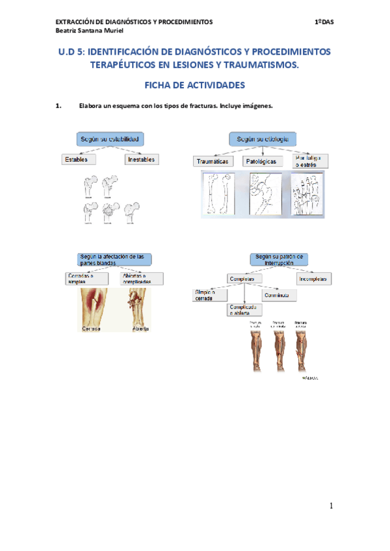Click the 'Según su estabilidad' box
(x=110, y=139)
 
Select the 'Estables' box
(x=77, y=159)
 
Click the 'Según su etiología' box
(x=262, y=139)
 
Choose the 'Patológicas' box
(x=261, y=161)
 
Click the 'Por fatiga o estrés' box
(x=310, y=161)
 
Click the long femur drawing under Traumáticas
(x=215, y=194)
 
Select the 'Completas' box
(x=245, y=279)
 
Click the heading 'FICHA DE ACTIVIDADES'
(x=194, y=85)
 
